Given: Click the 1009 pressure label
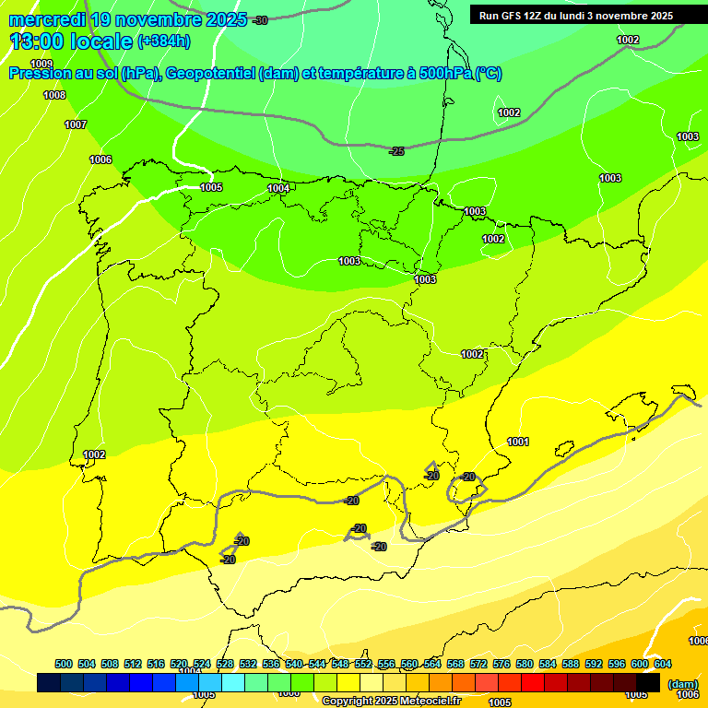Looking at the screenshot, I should click(41, 64).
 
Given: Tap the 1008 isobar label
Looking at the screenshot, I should click(54, 95).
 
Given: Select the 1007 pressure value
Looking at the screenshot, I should click(76, 124).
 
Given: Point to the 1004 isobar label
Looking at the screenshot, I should click(278, 188).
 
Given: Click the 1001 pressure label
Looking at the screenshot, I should click(518, 442).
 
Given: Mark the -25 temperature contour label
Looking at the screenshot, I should click(396, 151).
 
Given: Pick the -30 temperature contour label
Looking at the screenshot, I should click(260, 20).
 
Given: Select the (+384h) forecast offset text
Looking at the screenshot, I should click(163, 41).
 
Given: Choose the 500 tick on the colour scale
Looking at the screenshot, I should click(64, 664).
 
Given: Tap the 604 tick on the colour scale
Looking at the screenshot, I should click(663, 664).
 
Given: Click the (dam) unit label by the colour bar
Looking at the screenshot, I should click(682, 684).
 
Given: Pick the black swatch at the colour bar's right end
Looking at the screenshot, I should click(648, 682).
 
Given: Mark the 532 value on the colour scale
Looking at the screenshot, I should click(248, 664).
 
